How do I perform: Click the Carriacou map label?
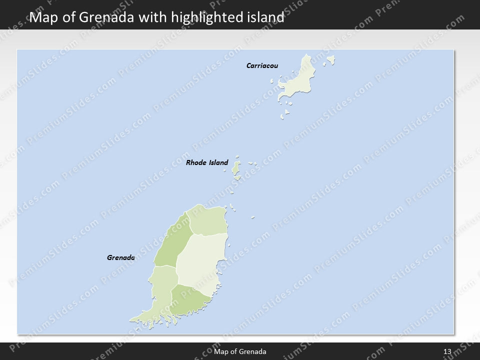pos(262,65)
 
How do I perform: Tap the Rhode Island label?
pos(206,162)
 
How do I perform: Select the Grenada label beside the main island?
pos(120,258)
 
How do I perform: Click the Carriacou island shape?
pos(297,82)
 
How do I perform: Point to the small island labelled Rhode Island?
pos(236,169)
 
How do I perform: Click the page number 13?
pos(447,351)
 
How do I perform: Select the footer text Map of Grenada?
pos(240,351)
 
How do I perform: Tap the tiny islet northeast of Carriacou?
pos(330,60)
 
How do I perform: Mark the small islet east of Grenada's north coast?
pos(253,217)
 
